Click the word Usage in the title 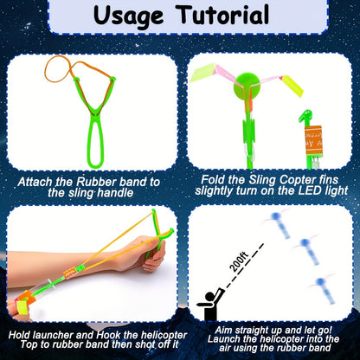(x=128, y=16)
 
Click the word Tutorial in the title (x=223, y=15)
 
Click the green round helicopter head (x=247, y=85)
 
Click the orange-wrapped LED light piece (x=313, y=140)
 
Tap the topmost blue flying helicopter (x=280, y=225)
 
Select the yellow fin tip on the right (x=292, y=86)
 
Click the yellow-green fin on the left (x=203, y=73)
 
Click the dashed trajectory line (x=245, y=266)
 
